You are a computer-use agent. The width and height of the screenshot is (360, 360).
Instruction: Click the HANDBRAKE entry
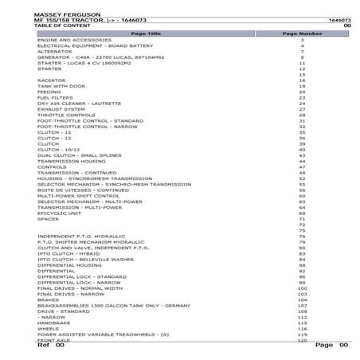pyautogui.click(x=53, y=322)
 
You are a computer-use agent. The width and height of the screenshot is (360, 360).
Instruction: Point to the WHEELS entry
pyautogui.click(x=48, y=327)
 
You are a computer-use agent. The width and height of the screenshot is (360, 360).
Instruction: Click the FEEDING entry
pyautogui.click(x=49, y=92)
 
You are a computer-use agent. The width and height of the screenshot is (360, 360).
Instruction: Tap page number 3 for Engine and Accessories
pyautogui.click(x=303, y=39)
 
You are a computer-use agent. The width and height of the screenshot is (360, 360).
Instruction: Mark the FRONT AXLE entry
pyautogui.click(x=53, y=339)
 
